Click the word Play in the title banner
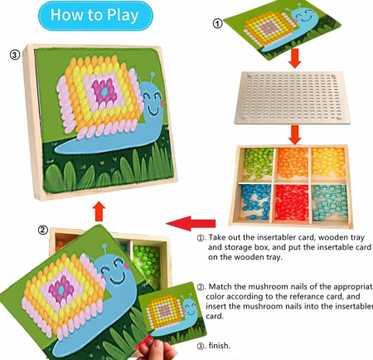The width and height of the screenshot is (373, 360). (x=123, y=15)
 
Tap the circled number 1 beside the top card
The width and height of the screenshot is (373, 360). (x=218, y=24)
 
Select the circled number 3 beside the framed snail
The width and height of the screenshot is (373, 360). (x=15, y=55)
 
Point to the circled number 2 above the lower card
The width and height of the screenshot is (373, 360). (x=43, y=230)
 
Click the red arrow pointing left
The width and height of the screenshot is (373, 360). (x=191, y=223)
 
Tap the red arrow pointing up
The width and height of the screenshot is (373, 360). (x=99, y=212)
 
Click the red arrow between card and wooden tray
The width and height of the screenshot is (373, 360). (x=295, y=58)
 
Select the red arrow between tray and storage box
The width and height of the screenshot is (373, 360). (x=295, y=134)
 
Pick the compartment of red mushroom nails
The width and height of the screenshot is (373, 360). (x=291, y=202)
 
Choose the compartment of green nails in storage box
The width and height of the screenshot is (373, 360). (x=258, y=163)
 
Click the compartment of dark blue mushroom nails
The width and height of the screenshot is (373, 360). (x=254, y=202)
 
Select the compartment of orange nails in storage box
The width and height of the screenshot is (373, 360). (x=293, y=163)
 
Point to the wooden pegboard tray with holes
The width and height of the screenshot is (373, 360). (x=292, y=98)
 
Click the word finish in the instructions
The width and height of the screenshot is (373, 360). (x=219, y=346)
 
